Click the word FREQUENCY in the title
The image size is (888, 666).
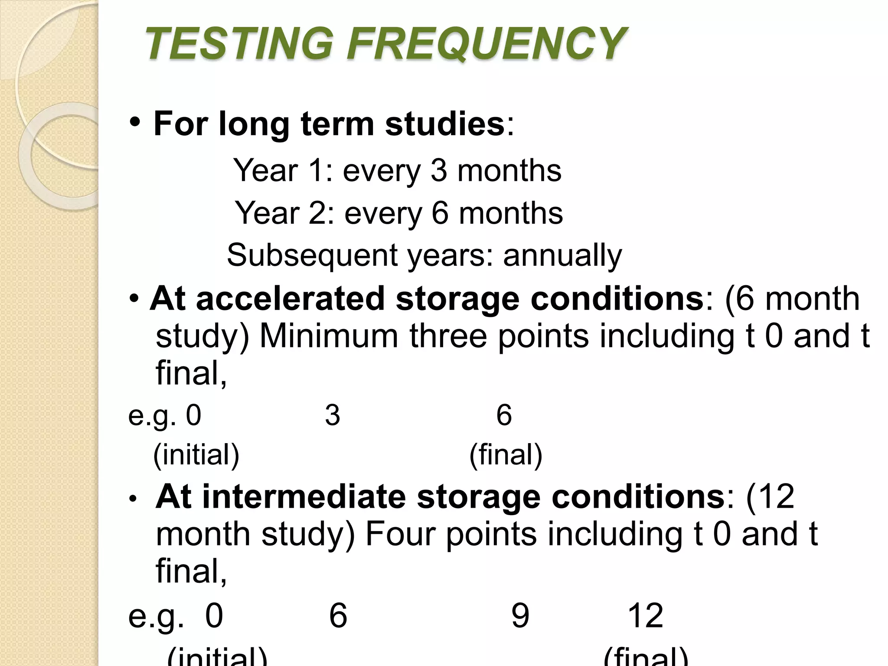tap(486, 43)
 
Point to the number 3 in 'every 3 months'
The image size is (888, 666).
tap(438, 170)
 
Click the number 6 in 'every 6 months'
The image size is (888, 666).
tap(440, 213)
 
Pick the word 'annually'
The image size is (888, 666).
tap(562, 255)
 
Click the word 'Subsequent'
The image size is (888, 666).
tap(312, 255)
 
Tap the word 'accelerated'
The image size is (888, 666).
tap(290, 299)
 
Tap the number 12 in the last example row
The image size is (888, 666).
tap(646, 615)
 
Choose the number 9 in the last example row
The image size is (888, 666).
tap(520, 615)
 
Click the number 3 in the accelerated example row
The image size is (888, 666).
tap(333, 415)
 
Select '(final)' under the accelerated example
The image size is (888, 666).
tap(506, 455)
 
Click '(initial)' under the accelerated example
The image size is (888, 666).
tap(196, 455)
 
